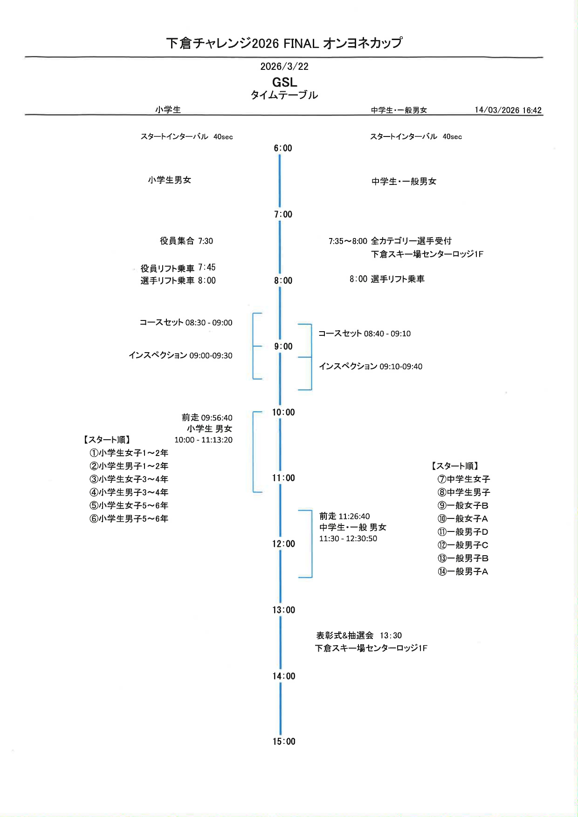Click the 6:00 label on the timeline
(282, 148)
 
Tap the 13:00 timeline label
(283, 610)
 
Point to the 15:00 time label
(283, 742)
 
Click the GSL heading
(284, 82)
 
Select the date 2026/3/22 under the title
(284, 67)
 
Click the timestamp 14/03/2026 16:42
(508, 110)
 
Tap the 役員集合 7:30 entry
(186, 241)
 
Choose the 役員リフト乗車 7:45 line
(178, 268)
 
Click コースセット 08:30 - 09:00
(186, 322)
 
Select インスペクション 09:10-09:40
(371, 367)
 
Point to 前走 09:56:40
(207, 417)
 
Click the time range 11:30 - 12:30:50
(348, 538)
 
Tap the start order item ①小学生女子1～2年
(129, 453)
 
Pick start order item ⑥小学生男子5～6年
(129, 518)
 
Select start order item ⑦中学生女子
(463, 479)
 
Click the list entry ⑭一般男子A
(462, 572)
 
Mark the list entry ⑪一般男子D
(462, 532)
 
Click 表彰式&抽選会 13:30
(358, 635)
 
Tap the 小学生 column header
(168, 110)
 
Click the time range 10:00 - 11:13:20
(203, 440)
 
